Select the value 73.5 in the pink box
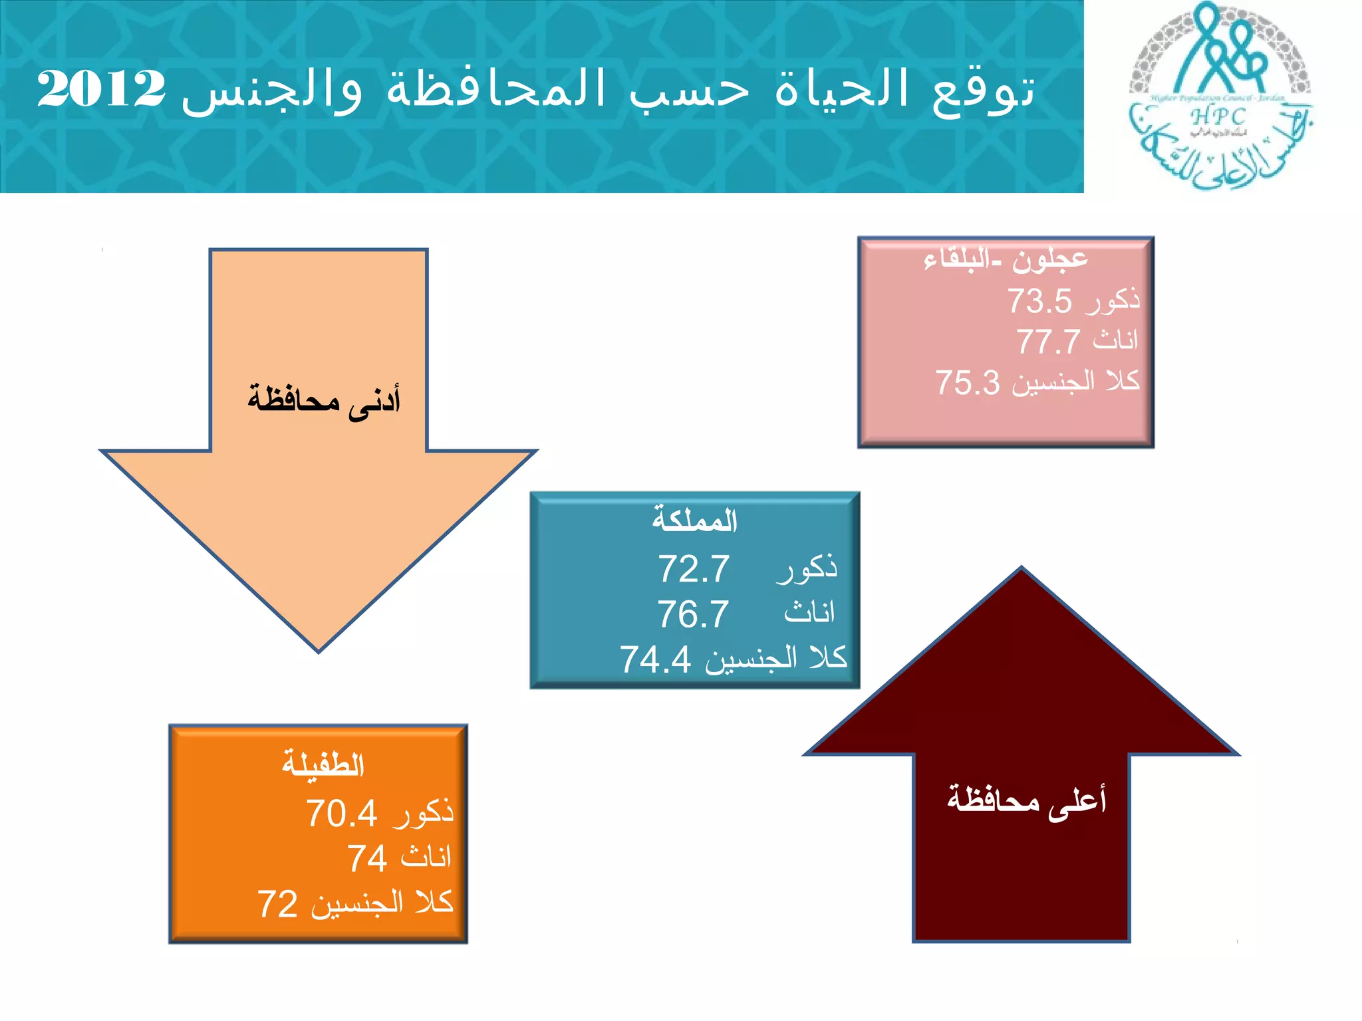tap(1039, 300)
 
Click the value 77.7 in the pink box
tap(1048, 342)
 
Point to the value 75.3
tap(968, 383)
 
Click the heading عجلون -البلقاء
tap(1006, 259)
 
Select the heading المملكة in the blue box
tap(694, 520)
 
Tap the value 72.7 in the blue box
tap(694, 569)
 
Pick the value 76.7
tap(693, 614)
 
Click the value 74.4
tap(656, 659)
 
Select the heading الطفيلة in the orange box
tap(323, 764)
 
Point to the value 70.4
tap(342, 813)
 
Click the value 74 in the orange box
tap(367, 858)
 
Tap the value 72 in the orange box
tap(277, 904)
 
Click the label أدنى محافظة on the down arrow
tap(324, 400)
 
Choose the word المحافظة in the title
tap(496, 88)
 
